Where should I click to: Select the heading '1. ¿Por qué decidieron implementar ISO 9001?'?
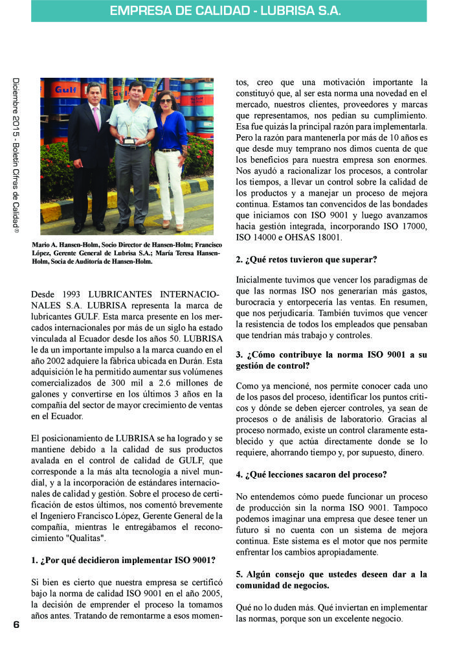[x=123, y=559]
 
